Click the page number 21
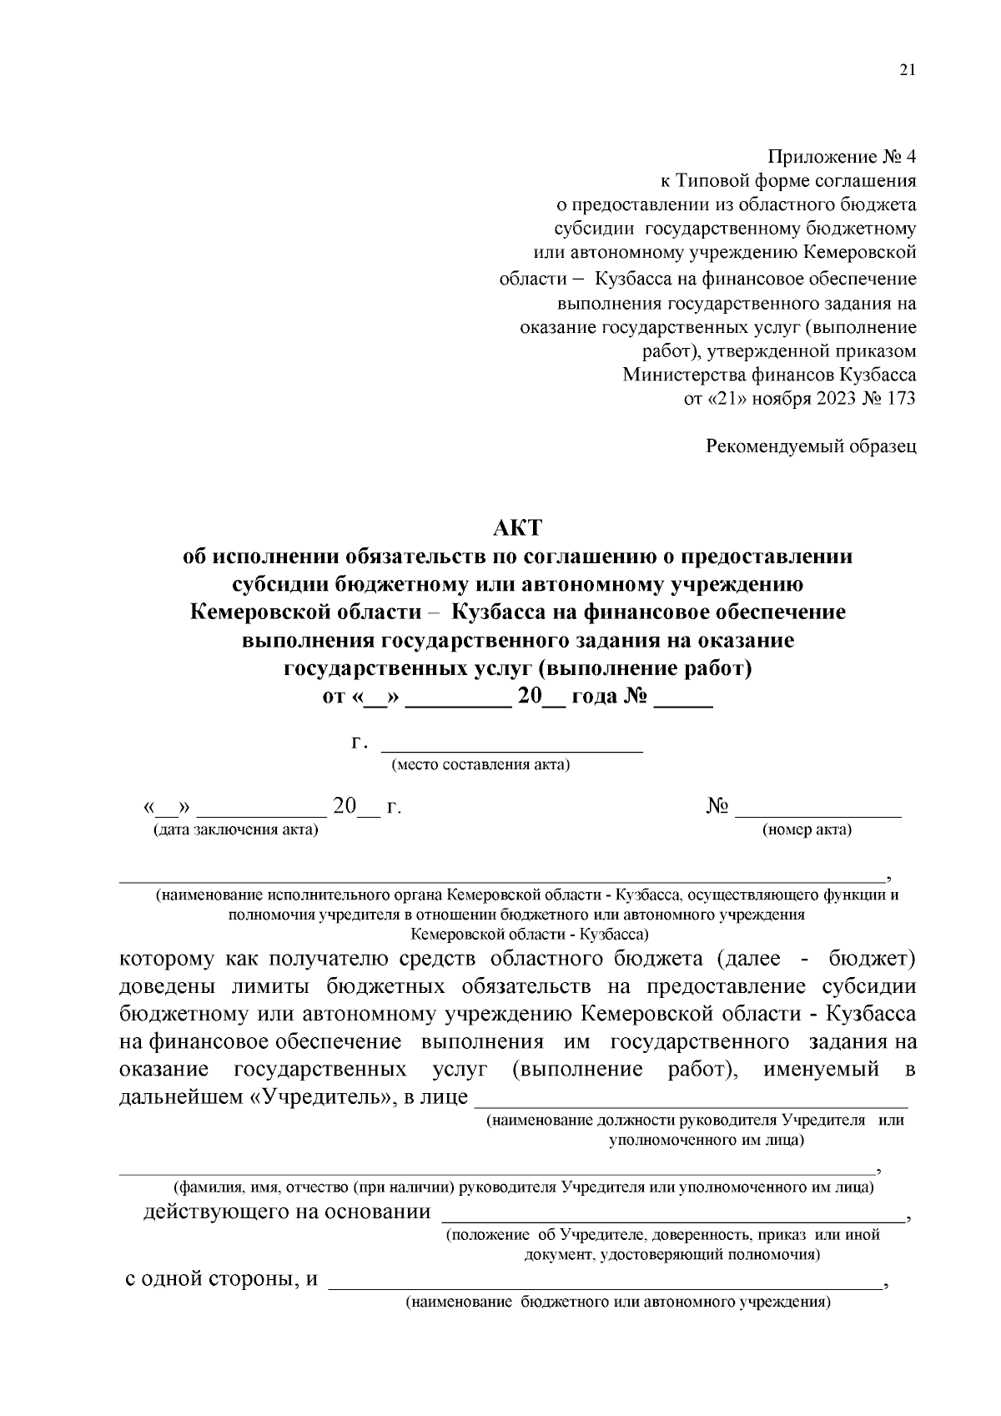click(x=908, y=70)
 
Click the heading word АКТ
click(x=517, y=527)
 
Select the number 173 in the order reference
click(x=901, y=398)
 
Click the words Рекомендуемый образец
click(x=811, y=446)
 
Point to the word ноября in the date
click(x=781, y=398)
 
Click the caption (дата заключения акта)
click(x=235, y=829)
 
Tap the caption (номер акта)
click(x=807, y=829)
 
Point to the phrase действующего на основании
click(x=287, y=1212)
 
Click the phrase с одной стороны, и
click(x=222, y=1279)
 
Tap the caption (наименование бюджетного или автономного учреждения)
click(x=617, y=1302)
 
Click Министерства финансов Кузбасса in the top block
click(x=769, y=375)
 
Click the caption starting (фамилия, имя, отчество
click(x=523, y=1186)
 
